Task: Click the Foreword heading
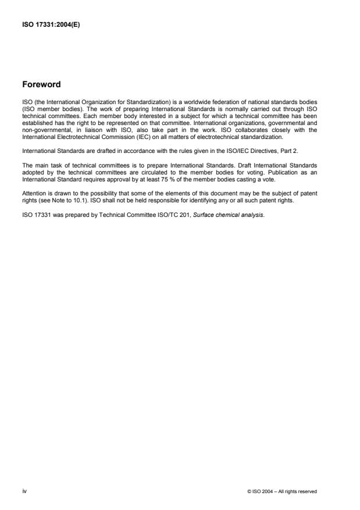41,84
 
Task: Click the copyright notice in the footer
282,491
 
